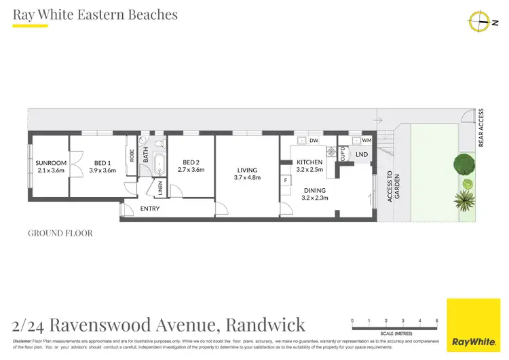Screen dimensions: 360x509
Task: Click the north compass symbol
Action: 479,22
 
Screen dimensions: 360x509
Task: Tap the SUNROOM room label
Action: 51,163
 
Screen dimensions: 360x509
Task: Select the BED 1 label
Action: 102,163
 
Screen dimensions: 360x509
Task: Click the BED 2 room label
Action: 191,162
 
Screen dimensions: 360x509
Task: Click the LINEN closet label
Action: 161,188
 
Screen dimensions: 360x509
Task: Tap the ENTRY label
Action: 149,209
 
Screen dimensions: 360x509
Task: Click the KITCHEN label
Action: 309,162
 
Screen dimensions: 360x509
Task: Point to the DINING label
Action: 315,191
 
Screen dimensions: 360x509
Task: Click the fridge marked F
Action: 286,179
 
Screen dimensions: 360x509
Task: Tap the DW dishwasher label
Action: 314,141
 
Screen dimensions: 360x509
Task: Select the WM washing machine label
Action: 366,141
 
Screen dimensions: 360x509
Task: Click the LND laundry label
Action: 362,155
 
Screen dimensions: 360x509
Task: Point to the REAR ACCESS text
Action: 481,128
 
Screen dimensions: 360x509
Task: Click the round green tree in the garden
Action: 464,164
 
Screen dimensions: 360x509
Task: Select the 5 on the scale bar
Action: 437,320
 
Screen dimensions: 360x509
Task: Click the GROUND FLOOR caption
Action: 60,233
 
